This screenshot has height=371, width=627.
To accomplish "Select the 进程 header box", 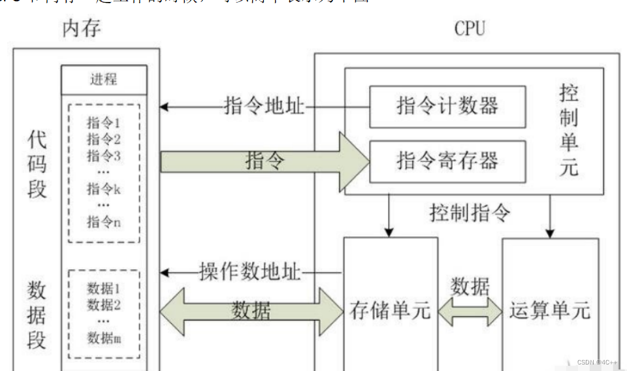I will (x=104, y=80).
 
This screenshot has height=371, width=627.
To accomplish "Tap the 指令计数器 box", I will (x=447, y=106).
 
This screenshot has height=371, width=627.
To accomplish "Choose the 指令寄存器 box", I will (x=447, y=161).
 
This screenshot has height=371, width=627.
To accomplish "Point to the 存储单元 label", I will (x=390, y=310).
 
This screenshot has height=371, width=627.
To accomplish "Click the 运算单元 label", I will (x=550, y=310).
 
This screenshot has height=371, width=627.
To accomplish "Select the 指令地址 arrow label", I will (x=265, y=106).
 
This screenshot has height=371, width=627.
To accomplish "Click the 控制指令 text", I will (x=470, y=212).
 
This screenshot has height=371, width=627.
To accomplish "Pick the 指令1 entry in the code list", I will (x=104, y=122).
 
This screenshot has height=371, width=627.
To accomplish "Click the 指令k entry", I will (x=104, y=189).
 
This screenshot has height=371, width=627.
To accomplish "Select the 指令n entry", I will (x=104, y=222).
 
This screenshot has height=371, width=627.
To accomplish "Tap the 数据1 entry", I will (x=104, y=288).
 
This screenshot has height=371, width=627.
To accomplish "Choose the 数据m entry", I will (x=104, y=338).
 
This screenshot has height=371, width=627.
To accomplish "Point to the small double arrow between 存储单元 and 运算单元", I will (x=470, y=310).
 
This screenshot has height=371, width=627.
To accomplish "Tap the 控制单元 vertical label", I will (x=569, y=130).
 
